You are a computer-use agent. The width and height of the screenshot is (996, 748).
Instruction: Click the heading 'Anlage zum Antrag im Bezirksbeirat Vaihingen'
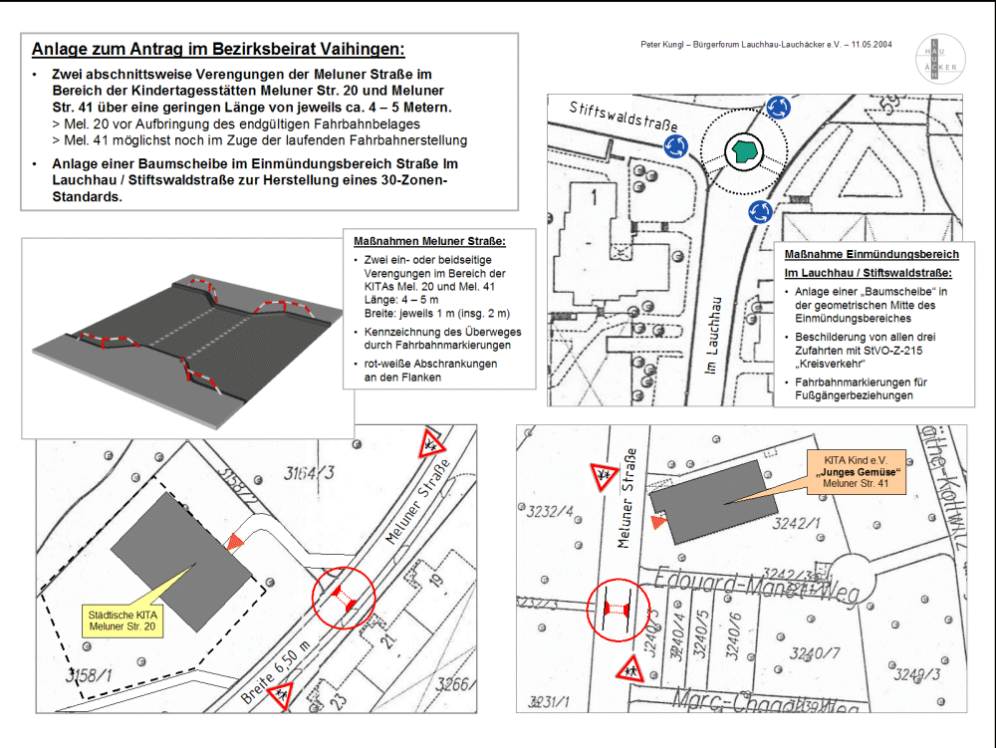point(218,49)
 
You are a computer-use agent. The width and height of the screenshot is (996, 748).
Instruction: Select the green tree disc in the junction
point(742,150)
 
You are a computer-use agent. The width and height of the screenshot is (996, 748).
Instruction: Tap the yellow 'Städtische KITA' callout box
point(123,621)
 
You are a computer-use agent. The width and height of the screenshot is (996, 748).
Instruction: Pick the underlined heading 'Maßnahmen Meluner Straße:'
point(429,241)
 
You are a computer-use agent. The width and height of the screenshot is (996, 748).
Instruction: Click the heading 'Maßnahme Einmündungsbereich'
point(871,254)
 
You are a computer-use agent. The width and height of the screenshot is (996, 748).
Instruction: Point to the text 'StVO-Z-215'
point(899,351)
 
